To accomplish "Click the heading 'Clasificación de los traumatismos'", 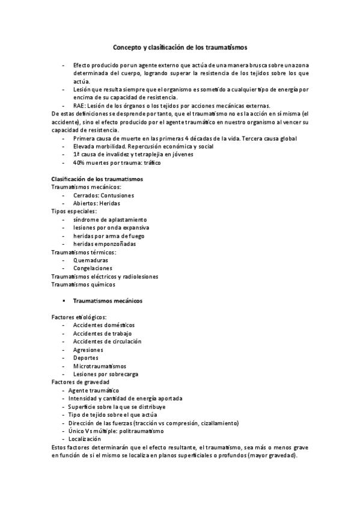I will tap(97, 179).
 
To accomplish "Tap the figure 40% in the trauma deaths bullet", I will tap(79, 162).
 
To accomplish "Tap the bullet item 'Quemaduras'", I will tap(91, 260).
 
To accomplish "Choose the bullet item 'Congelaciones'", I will tap(93, 268).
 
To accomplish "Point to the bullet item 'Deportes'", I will tap(87, 358).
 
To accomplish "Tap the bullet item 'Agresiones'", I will tap(88, 350).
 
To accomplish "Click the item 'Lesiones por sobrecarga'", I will tap(106, 374).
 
